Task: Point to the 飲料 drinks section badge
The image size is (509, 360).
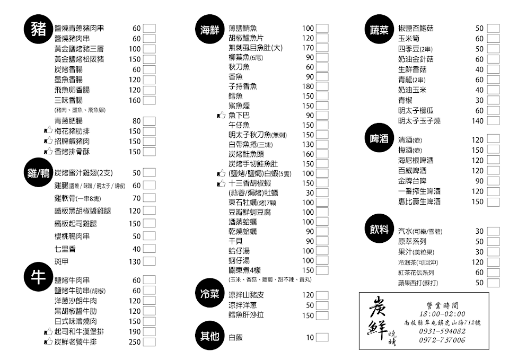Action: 380,231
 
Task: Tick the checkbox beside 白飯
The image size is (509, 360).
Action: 322,337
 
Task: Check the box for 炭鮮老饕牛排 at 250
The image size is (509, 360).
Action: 149,342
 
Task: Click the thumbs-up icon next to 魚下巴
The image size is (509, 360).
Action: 221,115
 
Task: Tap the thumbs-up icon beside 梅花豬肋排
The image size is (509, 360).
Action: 48,131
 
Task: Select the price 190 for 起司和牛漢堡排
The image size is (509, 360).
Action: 135,331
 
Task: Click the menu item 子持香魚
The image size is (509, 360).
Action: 243,86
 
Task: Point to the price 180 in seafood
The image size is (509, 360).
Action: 308,86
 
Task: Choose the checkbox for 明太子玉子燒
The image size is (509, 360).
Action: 493,121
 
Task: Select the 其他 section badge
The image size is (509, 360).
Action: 210,336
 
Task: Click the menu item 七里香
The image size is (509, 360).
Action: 65,249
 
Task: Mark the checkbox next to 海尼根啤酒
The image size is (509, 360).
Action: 493,160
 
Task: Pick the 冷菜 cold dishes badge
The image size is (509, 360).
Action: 210,294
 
